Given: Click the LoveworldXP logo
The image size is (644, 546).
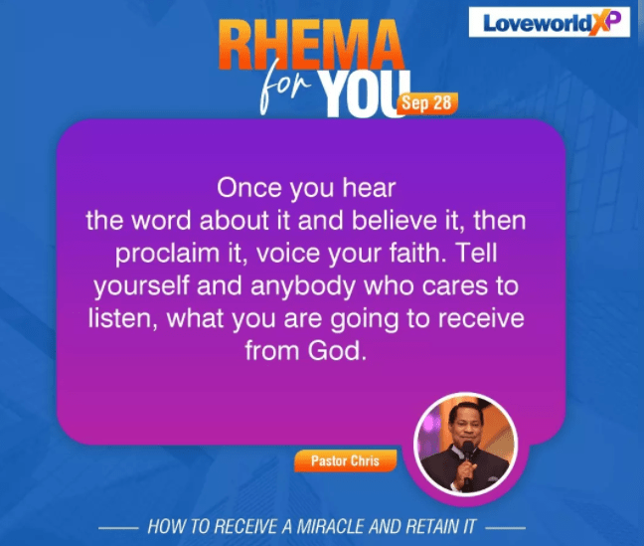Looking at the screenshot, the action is (x=550, y=22).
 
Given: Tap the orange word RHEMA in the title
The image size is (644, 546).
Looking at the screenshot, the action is (x=311, y=45).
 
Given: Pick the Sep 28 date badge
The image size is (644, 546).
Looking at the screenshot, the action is (x=426, y=102).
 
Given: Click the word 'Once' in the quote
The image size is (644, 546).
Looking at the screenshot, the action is (x=249, y=188).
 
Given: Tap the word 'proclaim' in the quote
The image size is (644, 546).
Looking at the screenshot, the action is (x=167, y=254).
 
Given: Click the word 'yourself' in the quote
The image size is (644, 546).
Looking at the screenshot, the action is (x=141, y=285).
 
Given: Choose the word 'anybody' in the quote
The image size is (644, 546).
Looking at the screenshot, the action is (x=302, y=285).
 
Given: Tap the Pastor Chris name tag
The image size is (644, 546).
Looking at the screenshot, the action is (x=345, y=460).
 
